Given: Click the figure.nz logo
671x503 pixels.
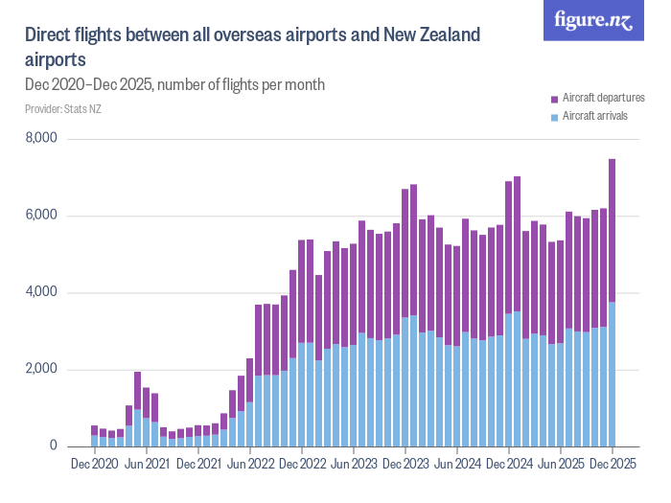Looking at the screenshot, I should pos(593,20).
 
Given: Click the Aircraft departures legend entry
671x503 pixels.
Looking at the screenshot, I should pos(603,99).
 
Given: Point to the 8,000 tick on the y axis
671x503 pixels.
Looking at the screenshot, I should pos(41,139).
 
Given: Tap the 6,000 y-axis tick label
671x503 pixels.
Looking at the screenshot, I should pos(41,216).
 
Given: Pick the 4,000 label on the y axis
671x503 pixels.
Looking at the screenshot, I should pos(41,292).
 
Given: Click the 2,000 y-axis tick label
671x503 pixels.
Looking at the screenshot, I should pos(41,370).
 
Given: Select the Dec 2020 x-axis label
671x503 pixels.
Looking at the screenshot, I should pos(95,464).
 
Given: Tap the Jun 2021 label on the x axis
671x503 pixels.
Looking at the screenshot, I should pos(147,464).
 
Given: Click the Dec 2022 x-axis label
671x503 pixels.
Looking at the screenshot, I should pos(302,464).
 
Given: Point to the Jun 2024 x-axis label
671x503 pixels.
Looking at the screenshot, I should pos(457,464).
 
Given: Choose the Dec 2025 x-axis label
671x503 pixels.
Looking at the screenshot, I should pos(613,464).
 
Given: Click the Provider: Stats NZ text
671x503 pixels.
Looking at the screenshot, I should pos(63,109).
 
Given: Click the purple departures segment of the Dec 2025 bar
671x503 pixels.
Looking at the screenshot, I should pos(613,230).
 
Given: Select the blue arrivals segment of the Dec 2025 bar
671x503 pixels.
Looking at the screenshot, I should pos(613,374).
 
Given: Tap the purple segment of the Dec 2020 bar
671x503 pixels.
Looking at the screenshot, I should pos(95,430).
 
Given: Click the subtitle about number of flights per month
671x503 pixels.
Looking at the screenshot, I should pos(174,84).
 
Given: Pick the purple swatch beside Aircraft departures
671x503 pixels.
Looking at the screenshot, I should pos(554,99).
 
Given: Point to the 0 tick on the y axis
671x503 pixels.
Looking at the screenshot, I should pos(54,446).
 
